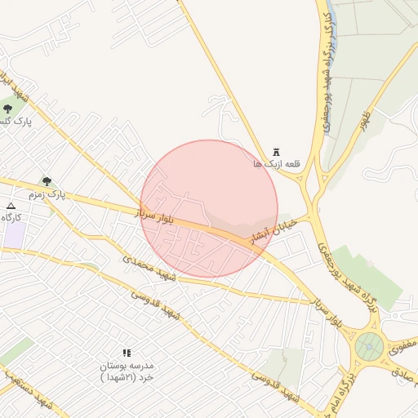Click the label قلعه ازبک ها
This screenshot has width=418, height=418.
277,164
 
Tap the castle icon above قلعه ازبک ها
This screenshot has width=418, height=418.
276,152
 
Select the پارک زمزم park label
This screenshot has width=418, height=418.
46,194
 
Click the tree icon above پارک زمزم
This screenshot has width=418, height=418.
47,181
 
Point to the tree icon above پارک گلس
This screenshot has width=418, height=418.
8,108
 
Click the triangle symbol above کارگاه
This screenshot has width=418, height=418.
11,206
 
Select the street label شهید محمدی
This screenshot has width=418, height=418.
149,268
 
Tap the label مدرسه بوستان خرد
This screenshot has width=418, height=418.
127,372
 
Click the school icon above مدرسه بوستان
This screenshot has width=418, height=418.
127,353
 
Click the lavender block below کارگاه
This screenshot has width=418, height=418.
13,235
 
